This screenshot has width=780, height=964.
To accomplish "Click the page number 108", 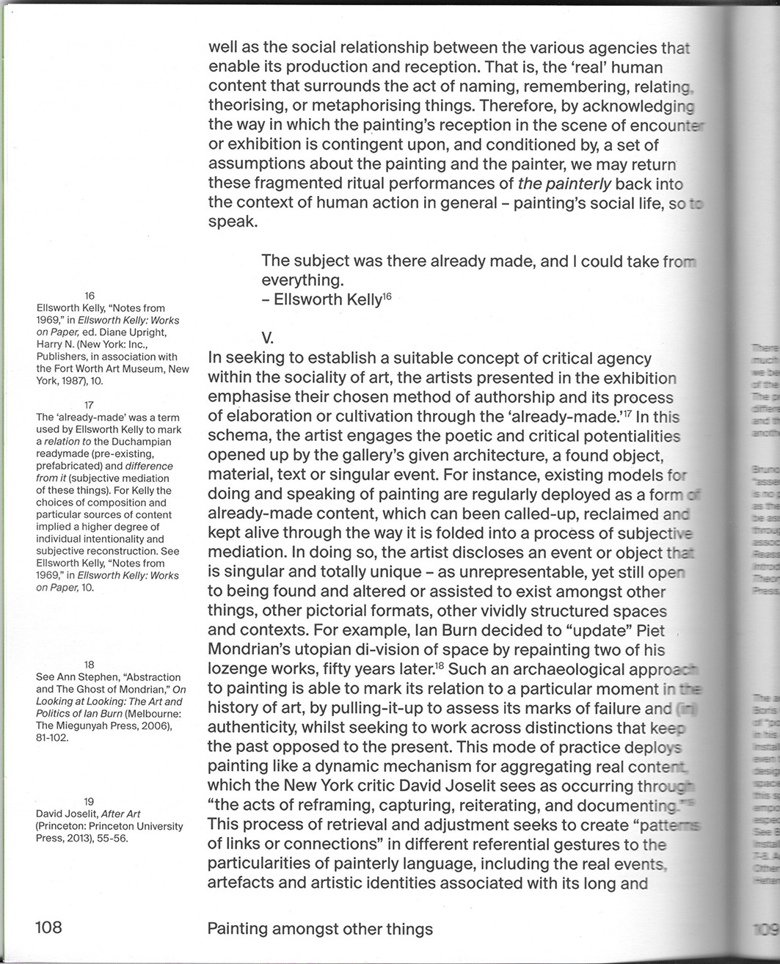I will pyautogui.click(x=49, y=927).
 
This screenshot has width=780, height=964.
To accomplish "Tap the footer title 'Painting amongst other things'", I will pyautogui.click(x=320, y=929).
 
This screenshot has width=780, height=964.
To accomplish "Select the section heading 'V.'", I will pyautogui.click(x=268, y=338).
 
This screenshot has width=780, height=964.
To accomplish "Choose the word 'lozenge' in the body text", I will pyautogui.click(x=239, y=669).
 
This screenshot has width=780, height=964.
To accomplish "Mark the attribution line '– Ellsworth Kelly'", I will pyautogui.click(x=322, y=299).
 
